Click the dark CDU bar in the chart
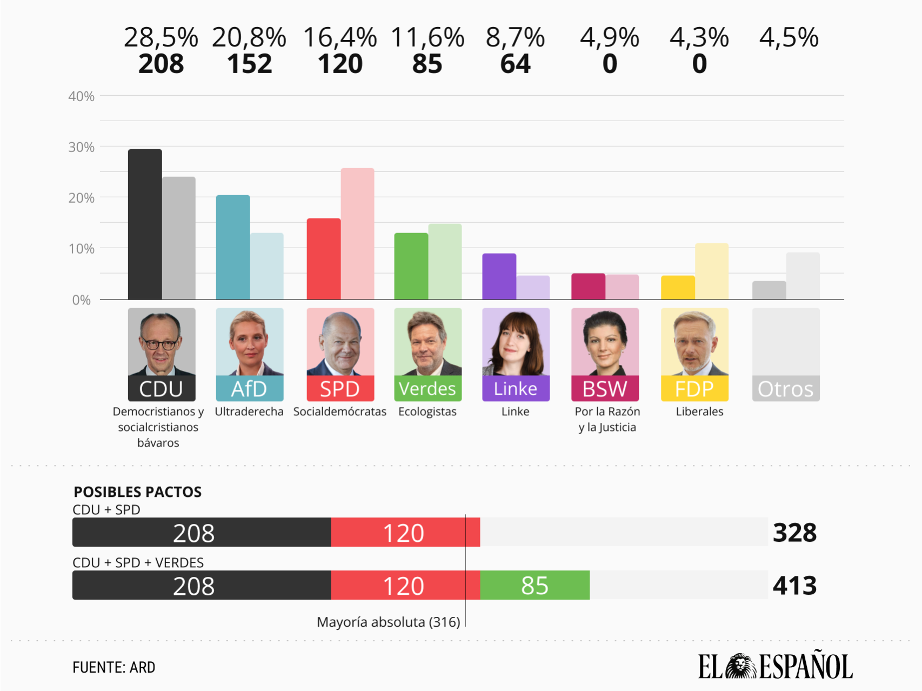click(x=145, y=224)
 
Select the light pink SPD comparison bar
click(x=357, y=234)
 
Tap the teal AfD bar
click(x=233, y=247)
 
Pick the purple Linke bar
click(x=499, y=276)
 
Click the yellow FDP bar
click(x=678, y=288)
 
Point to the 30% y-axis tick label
click(x=81, y=147)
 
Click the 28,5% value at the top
click(x=161, y=38)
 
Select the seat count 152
click(x=249, y=64)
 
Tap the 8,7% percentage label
click(x=515, y=38)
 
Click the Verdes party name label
click(x=427, y=389)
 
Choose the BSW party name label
click(x=605, y=389)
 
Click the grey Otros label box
click(x=785, y=389)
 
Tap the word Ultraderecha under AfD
click(x=249, y=411)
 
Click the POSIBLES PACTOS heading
click(x=137, y=492)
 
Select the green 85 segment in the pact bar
click(x=535, y=586)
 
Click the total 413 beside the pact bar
click(x=794, y=586)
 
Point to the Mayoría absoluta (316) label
click(x=388, y=622)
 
